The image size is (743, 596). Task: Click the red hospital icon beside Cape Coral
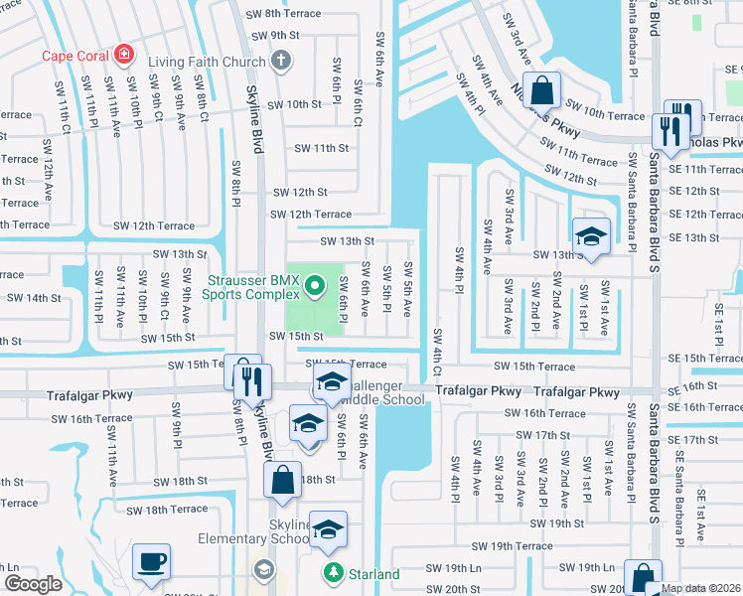click(124, 54)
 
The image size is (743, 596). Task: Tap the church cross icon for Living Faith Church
click(281, 62)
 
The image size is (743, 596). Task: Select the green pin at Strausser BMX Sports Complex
click(316, 288)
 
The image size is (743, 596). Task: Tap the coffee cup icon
click(152, 562)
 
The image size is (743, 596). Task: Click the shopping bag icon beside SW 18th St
click(282, 480)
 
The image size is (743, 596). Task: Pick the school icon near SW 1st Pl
click(591, 236)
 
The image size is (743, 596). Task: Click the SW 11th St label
click(322, 148)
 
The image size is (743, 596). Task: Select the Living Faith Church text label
click(208, 62)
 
